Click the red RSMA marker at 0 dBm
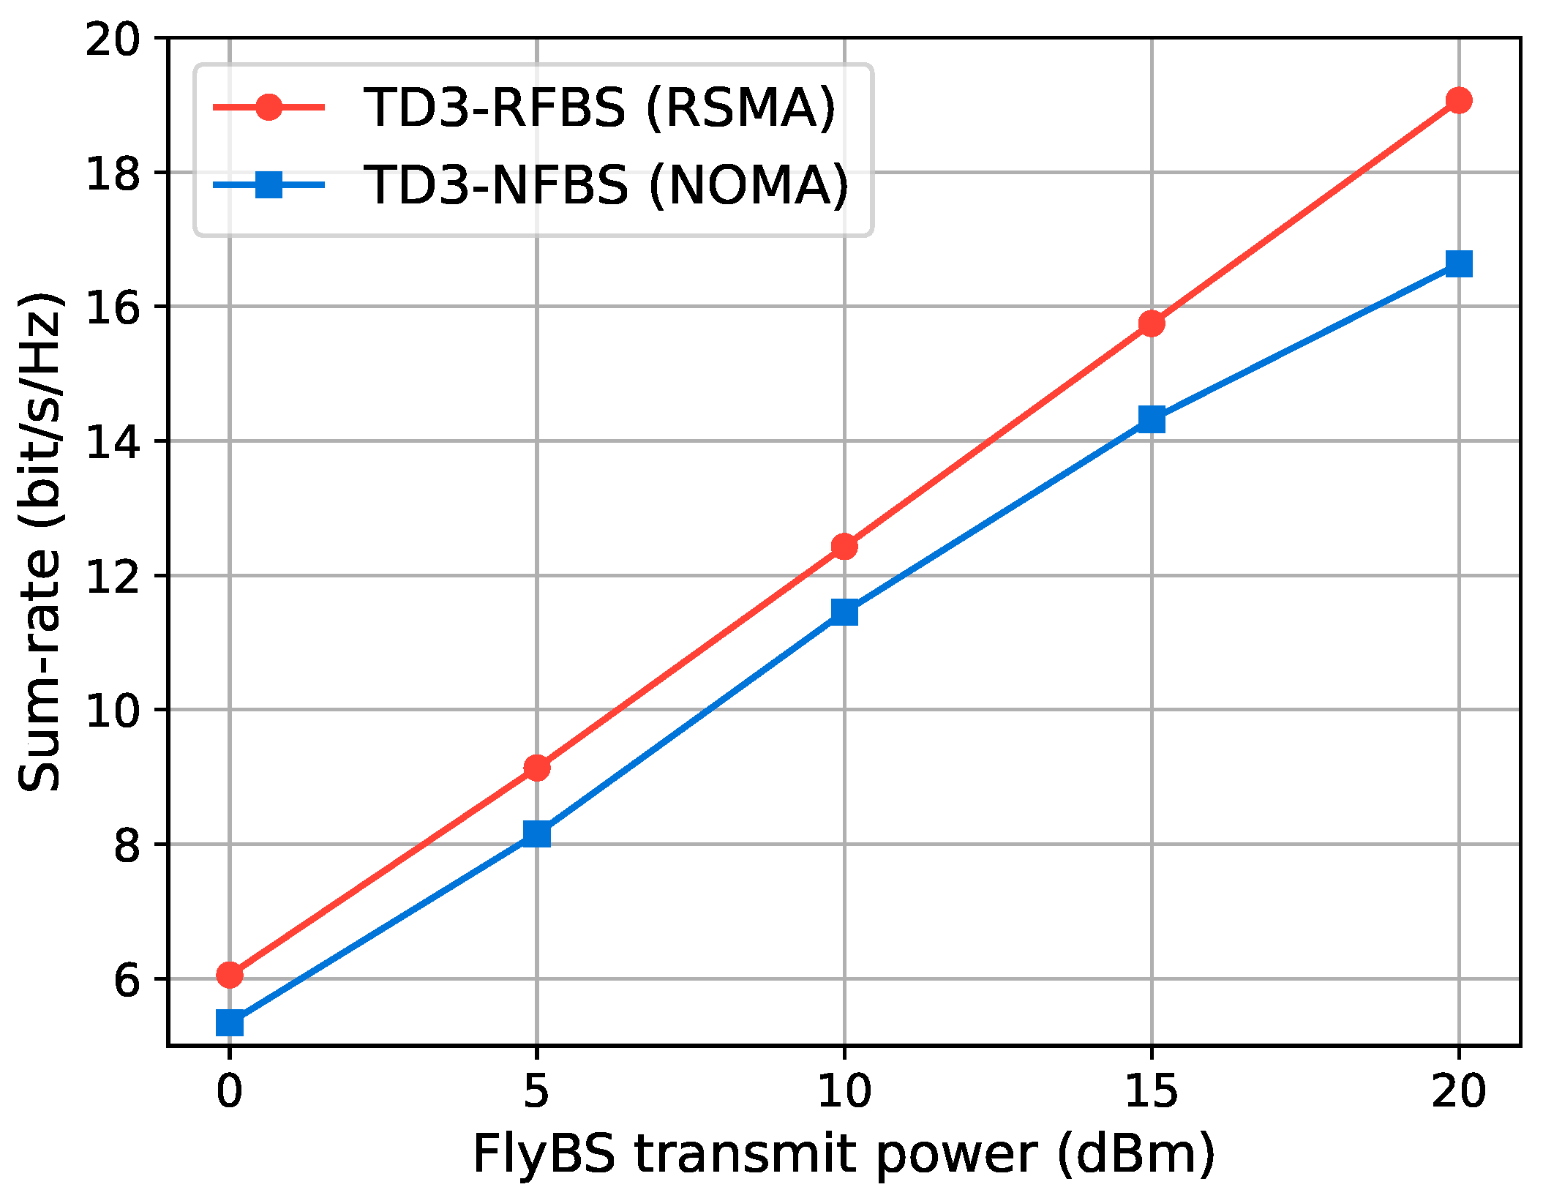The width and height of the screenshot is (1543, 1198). [230, 975]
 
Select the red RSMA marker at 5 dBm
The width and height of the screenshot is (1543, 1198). [537, 768]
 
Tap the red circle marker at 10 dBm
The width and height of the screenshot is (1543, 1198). [844, 547]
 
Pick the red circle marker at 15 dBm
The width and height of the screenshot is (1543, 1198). [1152, 323]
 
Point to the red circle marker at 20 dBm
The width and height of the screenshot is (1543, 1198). [1460, 100]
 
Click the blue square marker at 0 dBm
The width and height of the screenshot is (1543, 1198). [230, 1023]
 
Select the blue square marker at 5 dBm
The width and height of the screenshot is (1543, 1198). [537, 834]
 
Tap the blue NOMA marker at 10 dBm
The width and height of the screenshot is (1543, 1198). [844, 612]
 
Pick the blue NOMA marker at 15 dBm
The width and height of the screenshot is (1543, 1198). [1152, 419]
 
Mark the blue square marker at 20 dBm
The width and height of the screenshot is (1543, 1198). [1460, 264]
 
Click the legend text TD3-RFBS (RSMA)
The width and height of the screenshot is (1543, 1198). [599, 108]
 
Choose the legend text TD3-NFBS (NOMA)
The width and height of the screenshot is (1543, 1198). [606, 185]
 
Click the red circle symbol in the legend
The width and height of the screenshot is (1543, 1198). [269, 108]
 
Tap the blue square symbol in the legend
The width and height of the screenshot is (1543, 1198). [269, 184]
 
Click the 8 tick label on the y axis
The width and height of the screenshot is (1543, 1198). [126, 845]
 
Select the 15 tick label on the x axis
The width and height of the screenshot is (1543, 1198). [1152, 1092]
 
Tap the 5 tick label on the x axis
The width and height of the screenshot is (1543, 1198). [537, 1092]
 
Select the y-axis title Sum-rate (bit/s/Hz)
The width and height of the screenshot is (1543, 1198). [40, 542]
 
